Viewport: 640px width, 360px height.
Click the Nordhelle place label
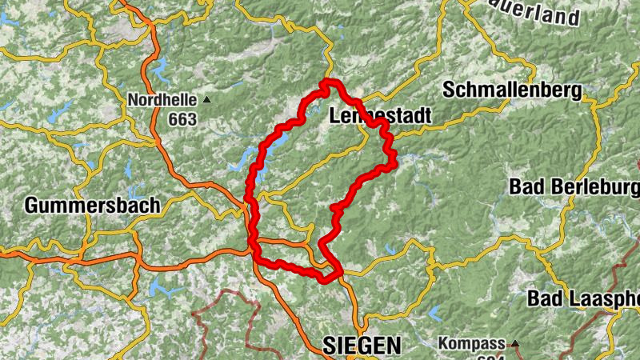[x=162, y=101]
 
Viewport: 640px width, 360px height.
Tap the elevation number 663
[x=182, y=119]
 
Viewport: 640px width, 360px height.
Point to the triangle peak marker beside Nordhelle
[x=207, y=100]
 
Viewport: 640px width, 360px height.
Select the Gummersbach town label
[x=92, y=205]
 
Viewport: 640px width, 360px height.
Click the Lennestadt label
[x=380, y=117]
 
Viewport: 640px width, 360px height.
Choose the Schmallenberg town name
[x=511, y=90]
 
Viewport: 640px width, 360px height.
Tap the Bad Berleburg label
[x=574, y=187]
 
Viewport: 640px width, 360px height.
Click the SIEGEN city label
[x=362, y=345]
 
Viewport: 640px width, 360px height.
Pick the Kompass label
[x=471, y=345]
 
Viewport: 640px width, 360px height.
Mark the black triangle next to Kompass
[x=515, y=344]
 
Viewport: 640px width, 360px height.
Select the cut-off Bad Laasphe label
[x=583, y=299]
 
